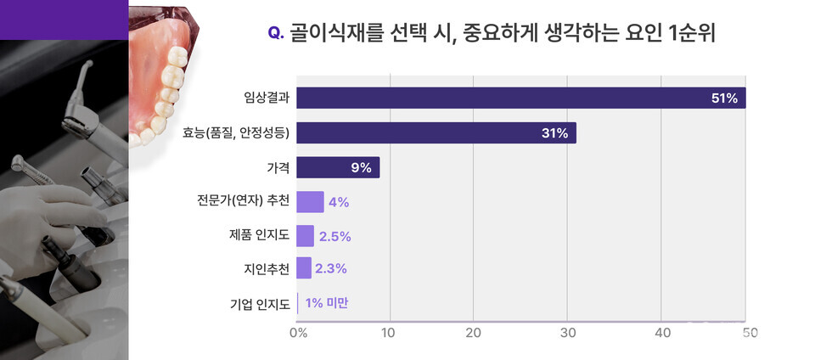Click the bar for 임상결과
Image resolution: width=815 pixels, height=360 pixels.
click(520, 98)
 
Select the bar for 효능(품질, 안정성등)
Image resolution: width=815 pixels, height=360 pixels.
click(436, 132)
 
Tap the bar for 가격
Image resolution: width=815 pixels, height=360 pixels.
click(338, 167)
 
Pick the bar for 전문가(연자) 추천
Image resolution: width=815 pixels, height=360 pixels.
click(310, 201)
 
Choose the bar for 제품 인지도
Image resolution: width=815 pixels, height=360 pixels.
click(306, 235)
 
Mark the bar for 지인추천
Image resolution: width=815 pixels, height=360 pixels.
click(304, 268)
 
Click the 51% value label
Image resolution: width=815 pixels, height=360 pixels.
click(724, 98)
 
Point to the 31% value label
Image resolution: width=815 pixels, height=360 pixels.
click(555, 133)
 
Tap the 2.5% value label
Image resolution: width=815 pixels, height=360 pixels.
click(334, 236)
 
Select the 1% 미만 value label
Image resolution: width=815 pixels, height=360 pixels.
click(327, 302)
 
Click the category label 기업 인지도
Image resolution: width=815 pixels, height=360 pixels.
click(260, 303)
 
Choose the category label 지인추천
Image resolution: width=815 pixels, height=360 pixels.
click(266, 269)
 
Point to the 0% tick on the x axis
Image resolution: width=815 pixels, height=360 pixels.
click(298, 333)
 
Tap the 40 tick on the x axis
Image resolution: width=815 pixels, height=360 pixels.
click(661, 333)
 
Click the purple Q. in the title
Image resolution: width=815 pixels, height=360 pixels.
click(275, 33)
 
